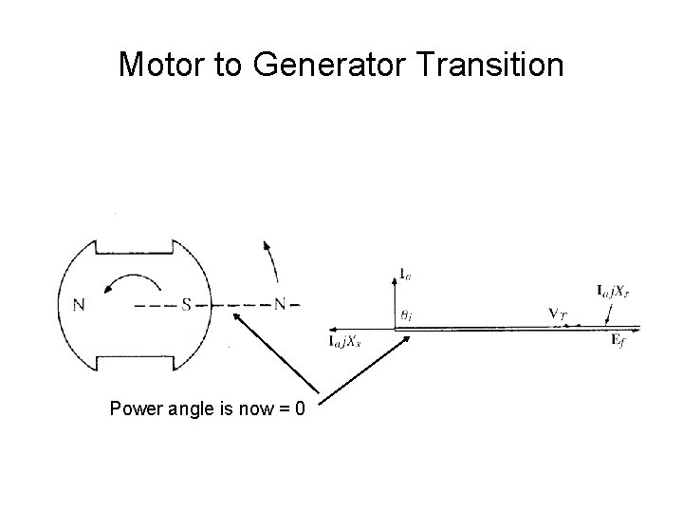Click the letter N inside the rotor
click(x=79, y=305)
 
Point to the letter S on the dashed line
click(x=188, y=305)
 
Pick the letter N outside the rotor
click(x=280, y=305)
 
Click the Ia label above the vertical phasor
click(x=405, y=275)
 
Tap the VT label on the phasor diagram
click(x=558, y=312)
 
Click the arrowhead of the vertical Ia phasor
click(x=393, y=275)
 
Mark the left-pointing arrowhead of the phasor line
click(x=331, y=328)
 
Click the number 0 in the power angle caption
click(x=300, y=409)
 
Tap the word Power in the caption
click(x=132, y=409)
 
